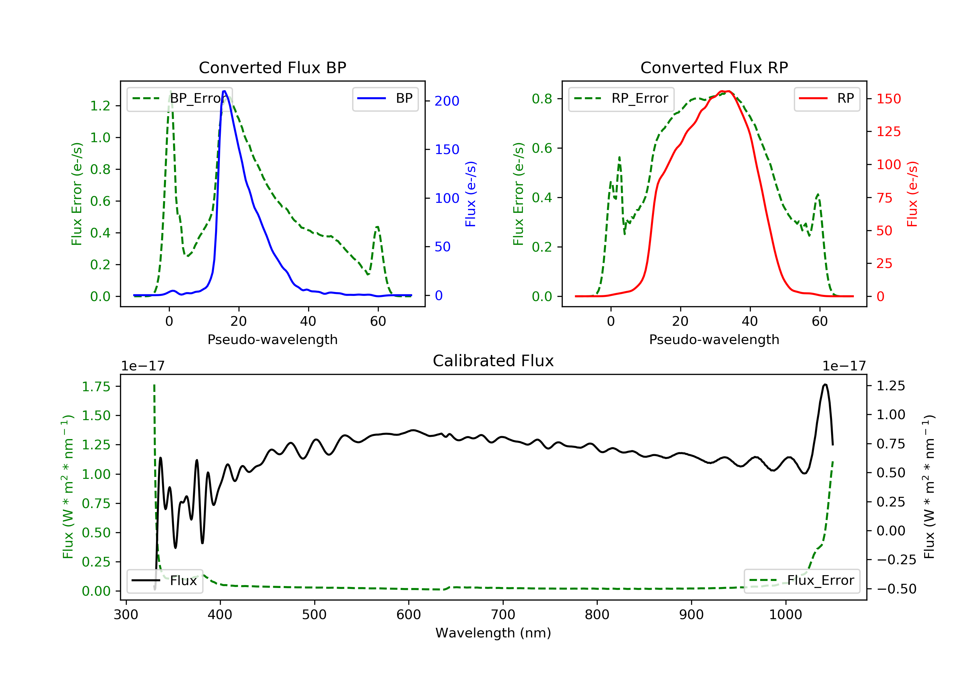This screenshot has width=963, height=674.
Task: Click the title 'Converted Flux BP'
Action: click(x=272, y=67)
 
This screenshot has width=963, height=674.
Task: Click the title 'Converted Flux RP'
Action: click(x=714, y=67)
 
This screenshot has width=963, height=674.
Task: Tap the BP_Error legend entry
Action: click(x=179, y=99)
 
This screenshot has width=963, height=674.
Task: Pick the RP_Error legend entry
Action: click(x=621, y=99)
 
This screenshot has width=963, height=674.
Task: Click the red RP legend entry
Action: click(x=827, y=99)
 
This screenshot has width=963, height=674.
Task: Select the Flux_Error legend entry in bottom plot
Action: click(x=802, y=581)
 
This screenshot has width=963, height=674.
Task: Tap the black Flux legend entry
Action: click(x=165, y=581)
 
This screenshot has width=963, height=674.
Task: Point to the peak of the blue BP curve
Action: click(x=224, y=91)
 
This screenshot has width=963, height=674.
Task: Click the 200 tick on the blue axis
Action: click(x=447, y=101)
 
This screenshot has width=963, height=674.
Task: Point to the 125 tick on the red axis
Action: click(x=888, y=132)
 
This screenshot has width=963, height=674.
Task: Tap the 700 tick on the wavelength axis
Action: click(x=502, y=615)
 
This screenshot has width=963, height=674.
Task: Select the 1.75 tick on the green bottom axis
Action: click(x=96, y=386)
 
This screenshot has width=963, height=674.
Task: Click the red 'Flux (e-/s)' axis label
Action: click(x=912, y=194)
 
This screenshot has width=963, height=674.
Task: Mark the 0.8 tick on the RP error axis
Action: click(x=542, y=99)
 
